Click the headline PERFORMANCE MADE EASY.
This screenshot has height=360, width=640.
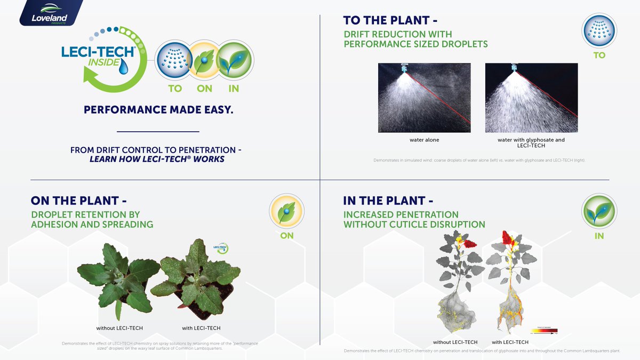158,110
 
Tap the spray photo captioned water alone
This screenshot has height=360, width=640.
424,98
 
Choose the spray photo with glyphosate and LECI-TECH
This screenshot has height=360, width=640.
531,98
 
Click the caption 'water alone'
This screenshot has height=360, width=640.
424,140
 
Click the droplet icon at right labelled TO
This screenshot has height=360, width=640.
599,31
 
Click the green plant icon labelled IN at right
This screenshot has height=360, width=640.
599,211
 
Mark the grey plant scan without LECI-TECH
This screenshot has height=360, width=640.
457,285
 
